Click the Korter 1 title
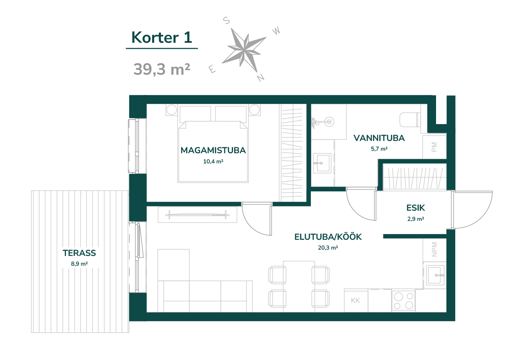point(162,38)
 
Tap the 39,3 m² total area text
point(162,69)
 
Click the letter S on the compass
point(226,20)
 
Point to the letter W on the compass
point(276,31)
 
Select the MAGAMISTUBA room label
point(213,150)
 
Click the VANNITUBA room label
point(379,138)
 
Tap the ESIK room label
point(416,208)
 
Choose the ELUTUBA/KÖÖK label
point(328,237)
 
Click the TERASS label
point(79,253)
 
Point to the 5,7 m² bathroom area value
point(379,149)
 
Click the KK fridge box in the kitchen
point(356,300)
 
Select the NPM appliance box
point(434,250)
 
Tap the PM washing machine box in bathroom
point(434,147)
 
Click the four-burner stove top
point(403,300)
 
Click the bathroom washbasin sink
point(322,163)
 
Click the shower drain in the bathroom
point(329,122)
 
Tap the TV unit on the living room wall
point(197,215)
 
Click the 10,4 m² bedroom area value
point(213,162)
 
